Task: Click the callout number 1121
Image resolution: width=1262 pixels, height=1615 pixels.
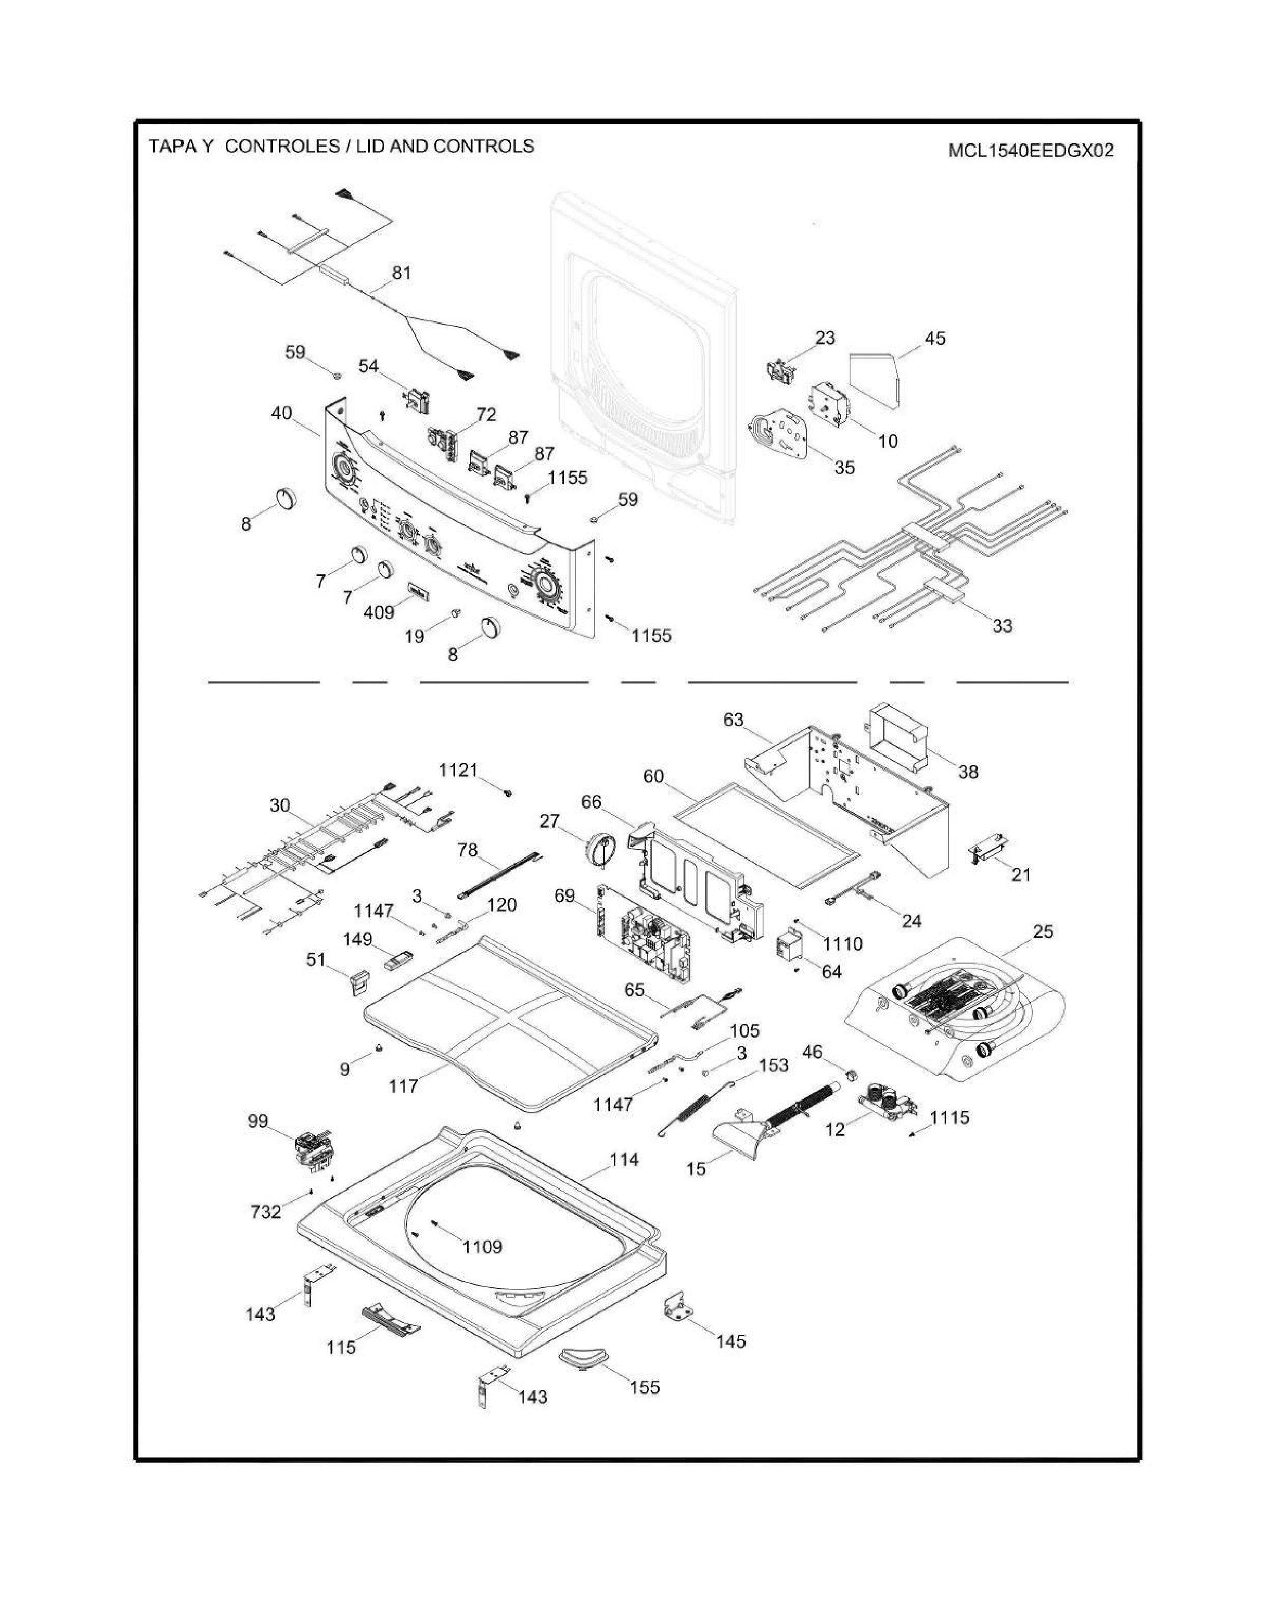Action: pyautogui.click(x=458, y=770)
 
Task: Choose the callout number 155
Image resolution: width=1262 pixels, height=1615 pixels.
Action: pyautogui.click(x=644, y=1387)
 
